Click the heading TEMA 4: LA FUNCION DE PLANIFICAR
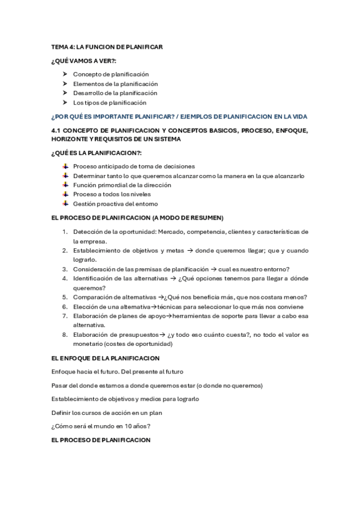pos(107,46)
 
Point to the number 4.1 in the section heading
pos(58,131)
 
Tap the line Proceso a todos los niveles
pos(112,195)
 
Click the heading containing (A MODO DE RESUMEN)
pos(138,218)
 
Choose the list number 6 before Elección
pos(64,307)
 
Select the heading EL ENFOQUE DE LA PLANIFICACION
pos(105,358)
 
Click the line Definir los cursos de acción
pos(114,413)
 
